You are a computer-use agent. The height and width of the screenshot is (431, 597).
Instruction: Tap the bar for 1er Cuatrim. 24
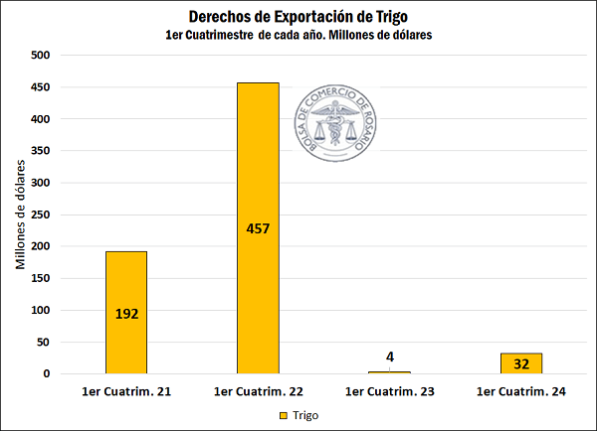[522, 363]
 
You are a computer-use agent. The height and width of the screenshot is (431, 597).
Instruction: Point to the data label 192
[126, 314]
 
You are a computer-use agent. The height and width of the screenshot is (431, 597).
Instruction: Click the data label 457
[259, 228]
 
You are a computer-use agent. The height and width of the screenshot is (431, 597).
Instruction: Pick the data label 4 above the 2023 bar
[390, 357]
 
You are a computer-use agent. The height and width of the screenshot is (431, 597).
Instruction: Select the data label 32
[522, 363]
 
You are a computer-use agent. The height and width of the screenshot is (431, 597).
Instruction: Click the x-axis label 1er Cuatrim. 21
[126, 393]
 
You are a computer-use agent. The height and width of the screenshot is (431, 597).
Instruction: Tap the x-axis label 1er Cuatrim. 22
[259, 393]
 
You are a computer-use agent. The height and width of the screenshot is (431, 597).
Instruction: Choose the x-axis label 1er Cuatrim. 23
[390, 393]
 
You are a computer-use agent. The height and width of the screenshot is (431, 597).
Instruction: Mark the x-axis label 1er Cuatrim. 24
[522, 393]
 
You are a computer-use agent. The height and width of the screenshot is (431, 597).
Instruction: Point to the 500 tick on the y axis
[41, 56]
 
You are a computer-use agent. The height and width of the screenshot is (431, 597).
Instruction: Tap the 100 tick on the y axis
[41, 310]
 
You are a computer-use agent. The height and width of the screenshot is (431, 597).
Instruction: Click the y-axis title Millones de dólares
[20, 215]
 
